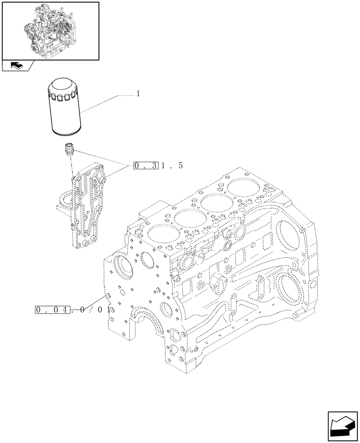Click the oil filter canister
(65, 106)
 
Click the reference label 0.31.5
(157, 166)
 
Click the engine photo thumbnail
(50, 31)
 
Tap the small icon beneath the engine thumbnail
(16, 66)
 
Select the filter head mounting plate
(89, 204)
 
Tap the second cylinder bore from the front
(186, 217)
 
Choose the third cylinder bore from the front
(214, 202)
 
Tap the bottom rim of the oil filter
(65, 132)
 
